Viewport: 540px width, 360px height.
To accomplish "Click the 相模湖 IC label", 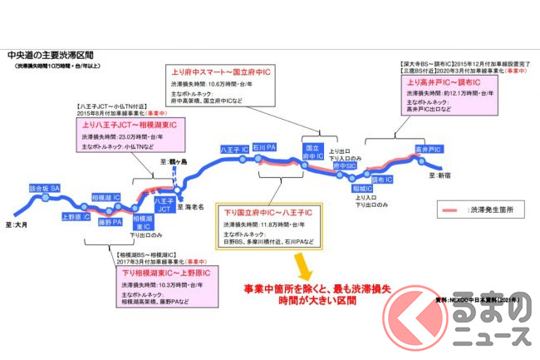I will tap(105, 198).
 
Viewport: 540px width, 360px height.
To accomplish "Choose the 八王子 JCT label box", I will tap(164, 205).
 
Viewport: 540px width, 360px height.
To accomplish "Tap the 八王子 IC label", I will tap(229, 150).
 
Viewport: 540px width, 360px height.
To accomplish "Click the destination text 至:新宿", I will tap(444, 176).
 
